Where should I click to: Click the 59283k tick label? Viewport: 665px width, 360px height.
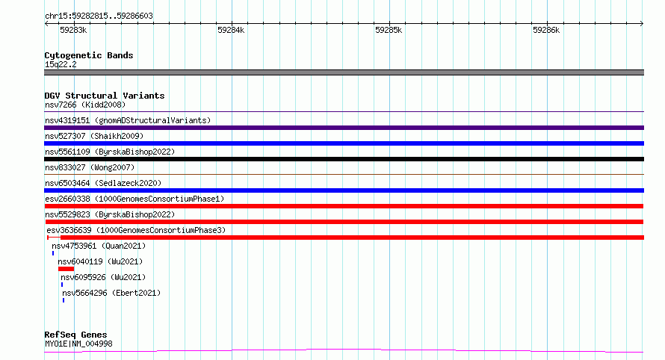pyautogui.click(x=73, y=30)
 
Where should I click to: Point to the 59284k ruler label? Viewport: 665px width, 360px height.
pyautogui.click(x=231, y=30)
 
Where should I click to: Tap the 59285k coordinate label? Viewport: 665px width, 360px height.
pyautogui.click(x=389, y=30)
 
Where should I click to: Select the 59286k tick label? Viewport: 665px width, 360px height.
pyautogui.click(x=546, y=30)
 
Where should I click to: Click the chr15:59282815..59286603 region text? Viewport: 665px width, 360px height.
pyautogui.click(x=99, y=16)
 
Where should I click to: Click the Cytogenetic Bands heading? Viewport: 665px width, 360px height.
pyautogui.click(x=89, y=55)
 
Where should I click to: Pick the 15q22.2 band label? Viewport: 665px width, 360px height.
pyautogui.click(x=61, y=64)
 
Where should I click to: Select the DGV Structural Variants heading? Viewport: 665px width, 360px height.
pyautogui.click(x=105, y=96)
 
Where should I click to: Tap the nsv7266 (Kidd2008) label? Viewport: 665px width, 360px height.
pyautogui.click(x=85, y=105)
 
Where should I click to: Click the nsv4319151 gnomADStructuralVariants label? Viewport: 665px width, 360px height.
pyautogui.click(x=128, y=120)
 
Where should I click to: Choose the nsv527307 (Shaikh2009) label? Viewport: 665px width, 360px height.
pyautogui.click(x=94, y=136)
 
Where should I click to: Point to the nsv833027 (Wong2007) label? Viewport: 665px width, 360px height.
pyautogui.click(x=90, y=167)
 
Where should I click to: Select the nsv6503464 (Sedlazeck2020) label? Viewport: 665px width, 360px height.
pyautogui.click(x=103, y=183)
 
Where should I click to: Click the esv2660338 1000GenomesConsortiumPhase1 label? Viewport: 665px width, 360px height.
pyautogui.click(x=134, y=199)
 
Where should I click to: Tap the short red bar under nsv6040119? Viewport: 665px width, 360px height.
pyautogui.click(x=66, y=269)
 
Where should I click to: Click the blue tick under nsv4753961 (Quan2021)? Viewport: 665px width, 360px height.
pyautogui.click(x=53, y=253)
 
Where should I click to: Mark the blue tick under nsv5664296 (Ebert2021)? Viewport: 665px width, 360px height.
pyautogui.click(x=64, y=300)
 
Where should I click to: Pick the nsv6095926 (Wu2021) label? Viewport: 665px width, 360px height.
pyautogui.click(x=103, y=277)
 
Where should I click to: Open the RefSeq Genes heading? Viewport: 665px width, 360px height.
pyautogui.click(x=75, y=335)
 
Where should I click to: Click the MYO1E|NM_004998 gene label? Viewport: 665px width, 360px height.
pyautogui.click(x=78, y=344)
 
